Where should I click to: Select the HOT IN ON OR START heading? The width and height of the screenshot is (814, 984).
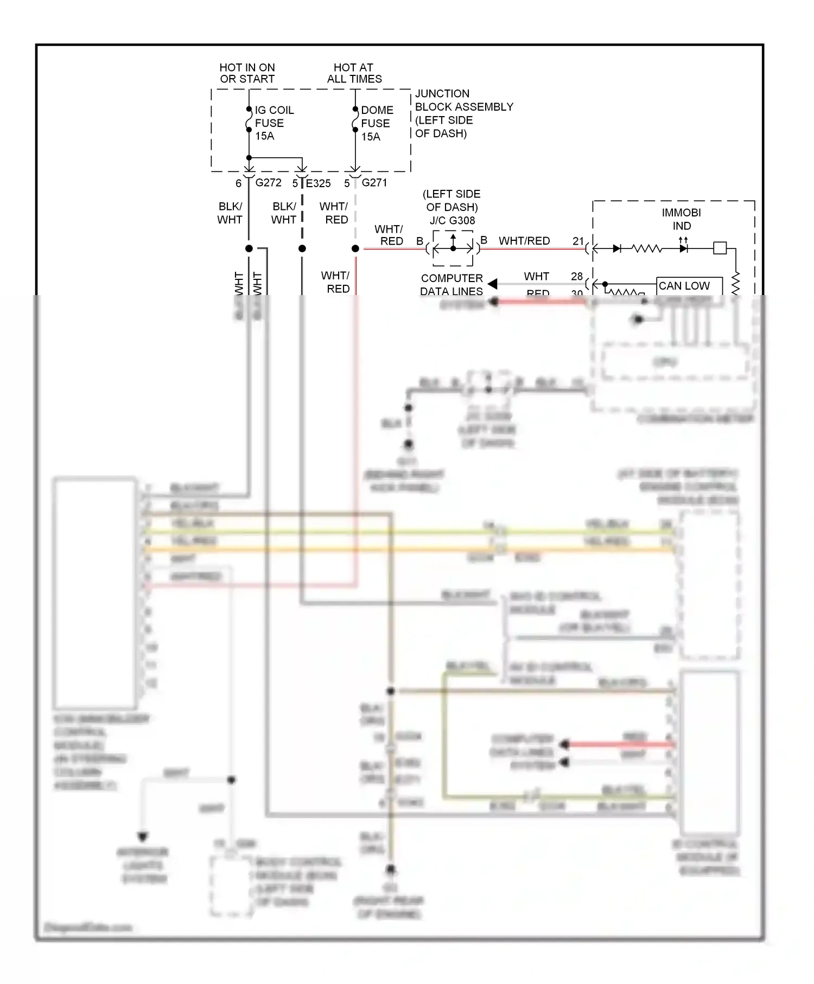pos(247,73)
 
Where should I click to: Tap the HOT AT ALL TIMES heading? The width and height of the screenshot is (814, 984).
pos(354,73)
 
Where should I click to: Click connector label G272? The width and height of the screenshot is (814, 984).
pos(268,183)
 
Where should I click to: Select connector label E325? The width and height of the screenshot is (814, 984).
pos(318,183)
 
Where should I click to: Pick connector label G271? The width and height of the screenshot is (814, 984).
pos(374,183)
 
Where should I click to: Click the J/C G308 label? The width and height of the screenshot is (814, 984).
pos(452,221)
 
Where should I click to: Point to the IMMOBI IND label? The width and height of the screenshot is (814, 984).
pos(682,219)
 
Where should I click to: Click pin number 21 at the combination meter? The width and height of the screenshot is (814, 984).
pos(578,241)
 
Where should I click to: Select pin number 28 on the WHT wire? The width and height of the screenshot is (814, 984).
pos(577,277)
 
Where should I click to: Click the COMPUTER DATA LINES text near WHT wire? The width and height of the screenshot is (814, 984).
pos(451,285)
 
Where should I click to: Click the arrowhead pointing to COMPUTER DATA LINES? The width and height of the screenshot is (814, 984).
pos(493,284)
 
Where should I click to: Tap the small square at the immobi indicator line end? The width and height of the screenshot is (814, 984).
pos(720,248)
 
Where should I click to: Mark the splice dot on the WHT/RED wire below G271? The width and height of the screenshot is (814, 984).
pos(355,248)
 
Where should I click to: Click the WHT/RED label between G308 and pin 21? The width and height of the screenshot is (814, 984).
pos(524,241)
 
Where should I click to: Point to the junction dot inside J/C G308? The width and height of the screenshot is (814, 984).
pos(453,248)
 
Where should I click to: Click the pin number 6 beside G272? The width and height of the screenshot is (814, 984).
pos(238,183)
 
